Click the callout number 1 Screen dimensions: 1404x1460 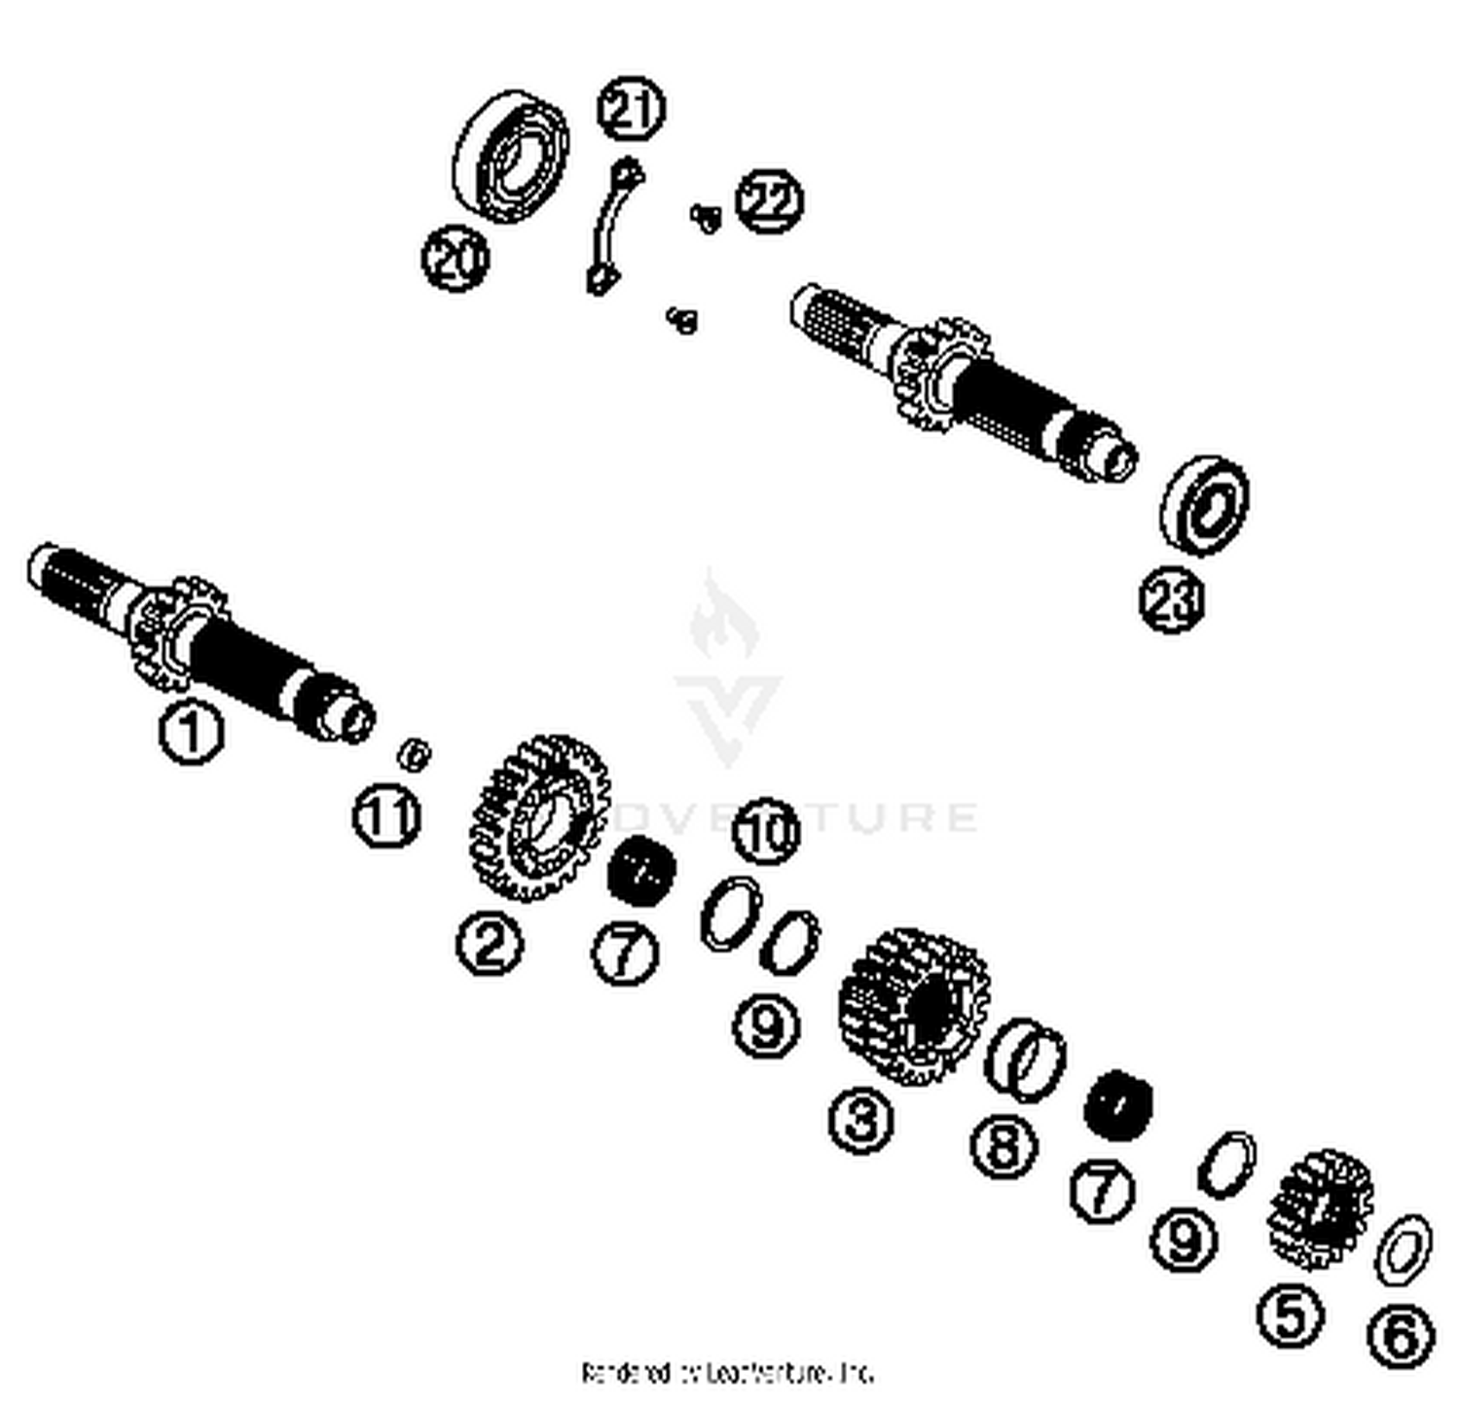[x=192, y=733]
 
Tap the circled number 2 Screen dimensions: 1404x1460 [x=489, y=942]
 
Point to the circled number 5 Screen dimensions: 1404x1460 [x=1291, y=1315]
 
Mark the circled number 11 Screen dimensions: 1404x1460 [x=386, y=815]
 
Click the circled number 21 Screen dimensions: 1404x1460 [x=631, y=109]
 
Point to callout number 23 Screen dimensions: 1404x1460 [x=1172, y=600]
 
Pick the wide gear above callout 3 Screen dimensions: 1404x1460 [x=913, y=1006]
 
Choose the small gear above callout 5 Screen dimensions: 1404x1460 [x=1320, y=1207]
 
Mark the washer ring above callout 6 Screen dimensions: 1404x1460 [x=1403, y=1249]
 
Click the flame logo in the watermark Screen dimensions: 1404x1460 [x=725, y=618]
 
